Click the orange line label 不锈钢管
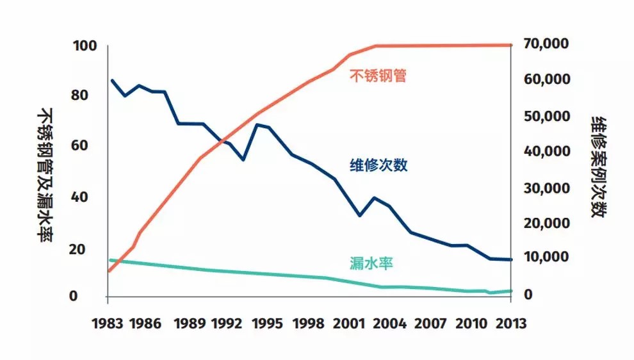378,76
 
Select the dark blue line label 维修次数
378,165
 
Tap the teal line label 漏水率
371,263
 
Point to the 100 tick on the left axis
85,46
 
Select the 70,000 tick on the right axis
545,44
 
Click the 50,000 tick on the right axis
545,117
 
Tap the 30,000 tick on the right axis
545,188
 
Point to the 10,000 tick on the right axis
545,257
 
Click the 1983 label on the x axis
108,323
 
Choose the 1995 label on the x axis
268,323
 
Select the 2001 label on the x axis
347,323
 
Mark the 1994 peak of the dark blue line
256,124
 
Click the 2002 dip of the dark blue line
360,216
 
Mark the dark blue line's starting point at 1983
112,80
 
